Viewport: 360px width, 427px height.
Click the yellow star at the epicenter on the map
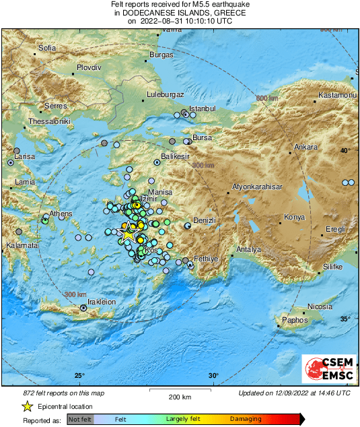[127, 234]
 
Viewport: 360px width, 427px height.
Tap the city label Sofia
[47, 48]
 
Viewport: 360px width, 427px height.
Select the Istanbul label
[202, 108]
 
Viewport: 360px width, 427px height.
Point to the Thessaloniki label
[49, 122]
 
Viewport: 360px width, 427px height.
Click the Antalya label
[248, 249]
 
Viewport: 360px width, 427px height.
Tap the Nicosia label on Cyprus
[320, 306]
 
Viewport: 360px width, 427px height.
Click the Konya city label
[294, 218]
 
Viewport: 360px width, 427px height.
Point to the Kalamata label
[22, 246]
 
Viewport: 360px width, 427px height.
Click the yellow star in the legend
[27, 407]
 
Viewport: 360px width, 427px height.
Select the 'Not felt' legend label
[81, 419]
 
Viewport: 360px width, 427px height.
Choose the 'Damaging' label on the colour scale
[246, 419]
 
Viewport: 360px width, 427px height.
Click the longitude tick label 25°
[80, 376]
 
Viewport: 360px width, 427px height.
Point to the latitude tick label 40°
[345, 150]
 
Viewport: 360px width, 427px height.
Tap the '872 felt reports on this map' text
[59, 393]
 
